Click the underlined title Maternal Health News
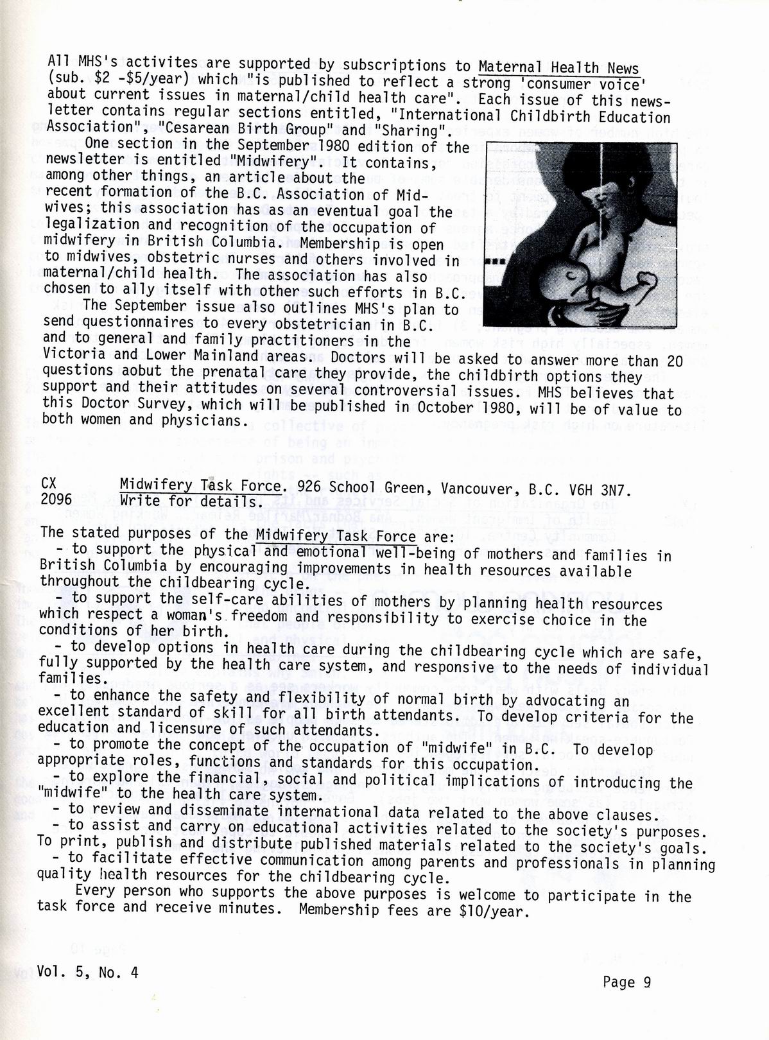click(x=558, y=68)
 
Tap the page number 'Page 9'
click(x=627, y=982)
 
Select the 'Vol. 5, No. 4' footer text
click(x=87, y=971)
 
